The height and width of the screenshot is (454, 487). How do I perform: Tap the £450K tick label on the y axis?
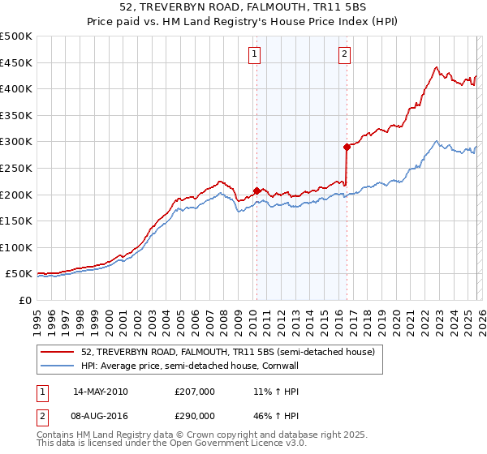16,62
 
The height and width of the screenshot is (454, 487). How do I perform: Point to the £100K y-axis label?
16,247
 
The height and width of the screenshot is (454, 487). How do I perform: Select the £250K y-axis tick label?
16,168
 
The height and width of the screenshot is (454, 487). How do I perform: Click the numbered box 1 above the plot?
255,54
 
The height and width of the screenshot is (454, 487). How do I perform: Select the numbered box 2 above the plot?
344,54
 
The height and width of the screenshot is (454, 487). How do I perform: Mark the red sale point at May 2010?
256,191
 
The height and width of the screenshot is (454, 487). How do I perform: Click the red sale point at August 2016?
347,147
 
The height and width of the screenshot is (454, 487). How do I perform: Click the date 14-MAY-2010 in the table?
100,392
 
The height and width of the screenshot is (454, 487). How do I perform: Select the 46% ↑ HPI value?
275,414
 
